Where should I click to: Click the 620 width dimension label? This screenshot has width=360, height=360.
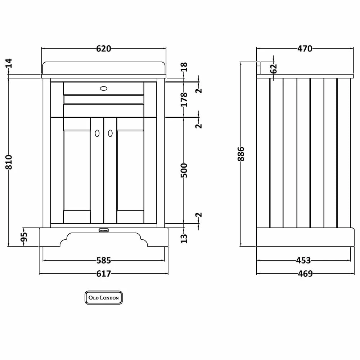pos(104,49)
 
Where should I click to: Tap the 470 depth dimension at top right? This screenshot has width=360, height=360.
pos(305,49)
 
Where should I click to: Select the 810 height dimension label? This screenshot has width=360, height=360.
pos(9,162)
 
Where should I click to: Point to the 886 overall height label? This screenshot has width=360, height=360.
pos(241,154)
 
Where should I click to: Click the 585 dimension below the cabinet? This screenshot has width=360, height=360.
pos(104,260)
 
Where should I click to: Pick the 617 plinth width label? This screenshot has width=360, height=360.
pos(104,274)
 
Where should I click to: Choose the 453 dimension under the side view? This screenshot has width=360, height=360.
pos(303,260)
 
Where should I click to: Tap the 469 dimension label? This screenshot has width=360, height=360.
pos(305,274)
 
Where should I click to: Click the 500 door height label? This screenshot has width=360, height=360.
pos(184,170)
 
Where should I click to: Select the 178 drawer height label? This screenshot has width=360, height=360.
pos(184,100)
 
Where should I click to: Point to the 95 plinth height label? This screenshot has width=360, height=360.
pos(24,237)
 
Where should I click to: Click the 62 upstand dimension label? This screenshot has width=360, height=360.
pos(274,68)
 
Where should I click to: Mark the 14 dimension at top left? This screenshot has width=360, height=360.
pos(9,63)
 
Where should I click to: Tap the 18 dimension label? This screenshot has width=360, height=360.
pos(184,67)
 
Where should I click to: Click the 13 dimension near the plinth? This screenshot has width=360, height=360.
pos(184,238)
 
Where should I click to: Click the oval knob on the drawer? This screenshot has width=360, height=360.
pos(104,88)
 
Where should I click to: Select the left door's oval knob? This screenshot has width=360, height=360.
pos(97,133)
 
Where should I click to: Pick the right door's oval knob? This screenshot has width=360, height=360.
pos(110,133)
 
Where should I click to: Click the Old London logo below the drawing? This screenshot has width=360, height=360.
pos(104,298)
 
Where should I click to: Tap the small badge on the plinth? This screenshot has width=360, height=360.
pos(104,230)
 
